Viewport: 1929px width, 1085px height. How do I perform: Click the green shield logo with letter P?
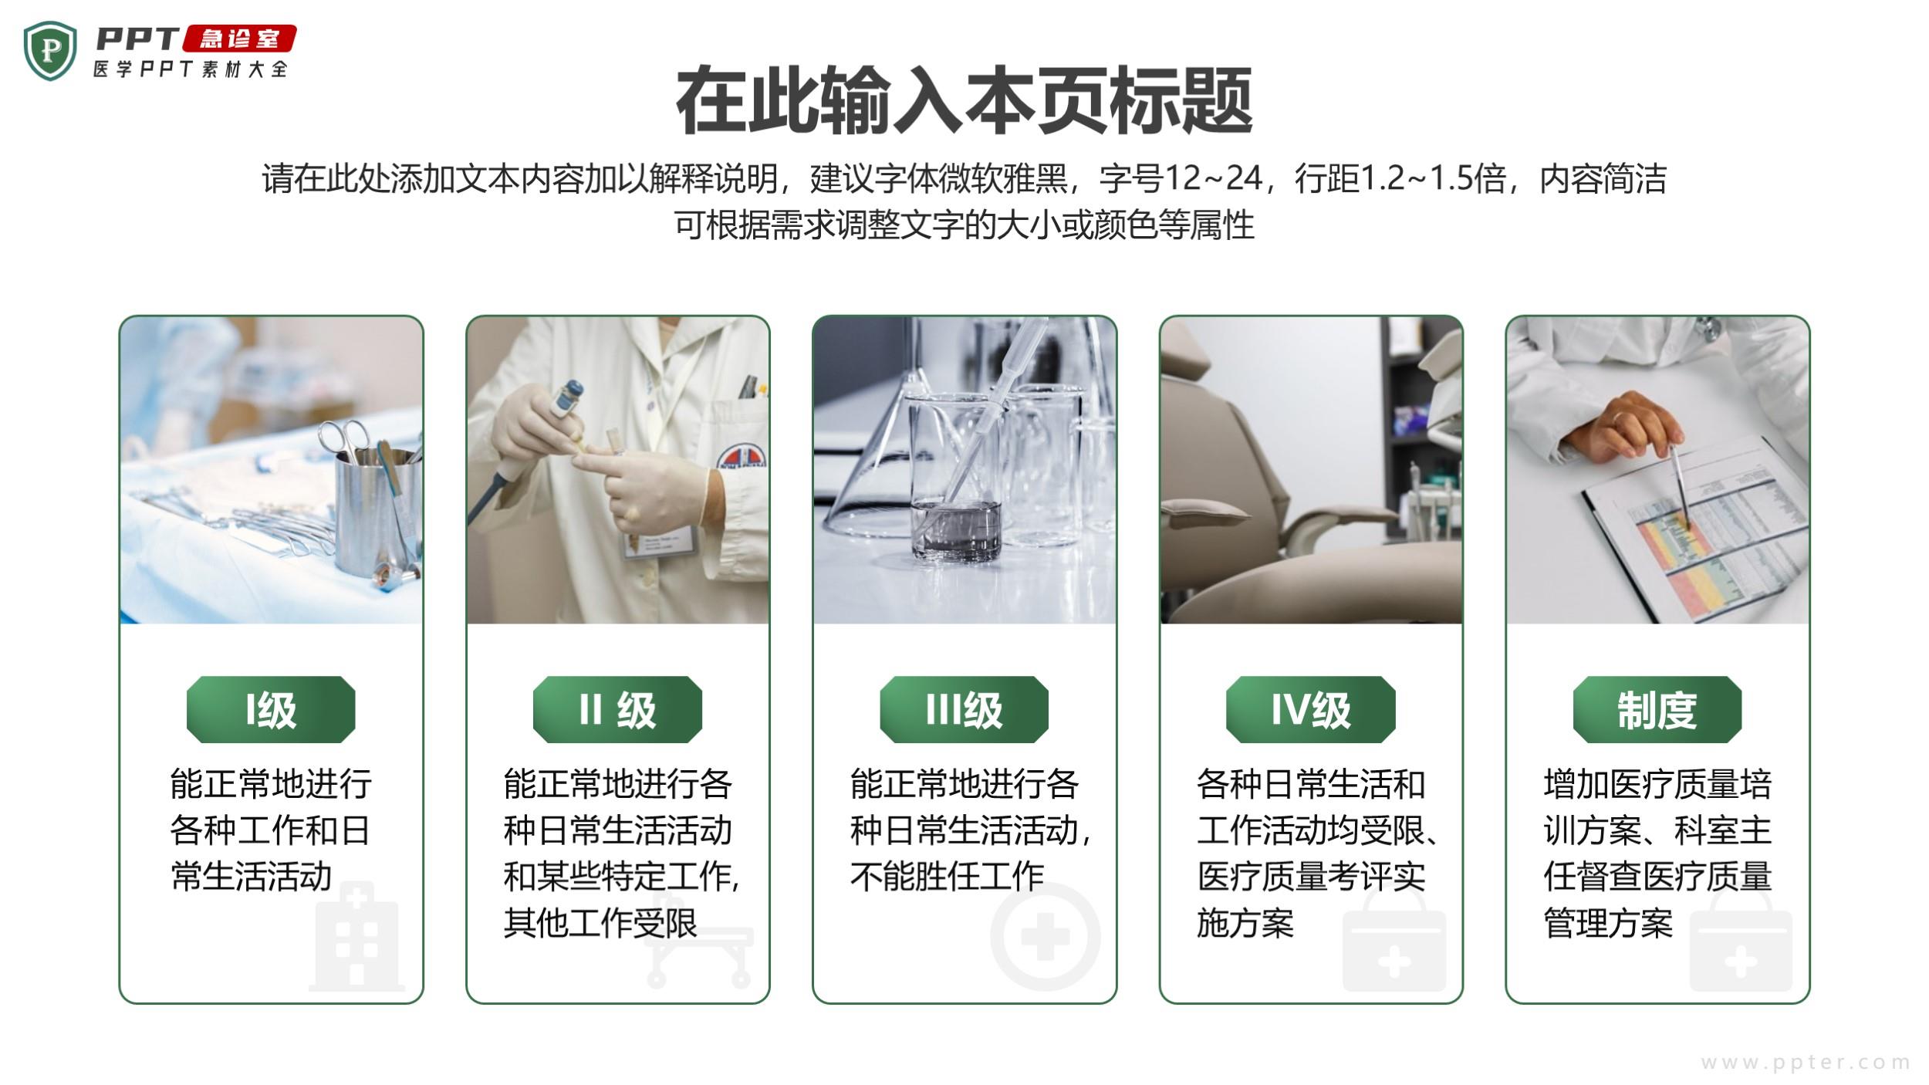click(50, 51)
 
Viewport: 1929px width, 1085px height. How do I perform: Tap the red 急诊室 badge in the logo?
click(239, 39)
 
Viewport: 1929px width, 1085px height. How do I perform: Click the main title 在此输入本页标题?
click(964, 101)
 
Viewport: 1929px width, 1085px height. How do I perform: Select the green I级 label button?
click(271, 709)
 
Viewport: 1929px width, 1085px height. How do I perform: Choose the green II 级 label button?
click(617, 709)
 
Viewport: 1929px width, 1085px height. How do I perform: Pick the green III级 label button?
click(964, 709)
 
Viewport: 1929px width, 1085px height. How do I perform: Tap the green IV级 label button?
click(1310, 709)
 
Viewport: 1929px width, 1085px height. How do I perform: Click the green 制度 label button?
click(1657, 709)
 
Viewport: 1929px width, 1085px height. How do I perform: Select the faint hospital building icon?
click(356, 937)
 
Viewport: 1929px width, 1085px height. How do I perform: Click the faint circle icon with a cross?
click(1045, 937)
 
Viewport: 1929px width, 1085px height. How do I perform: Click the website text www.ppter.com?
click(1805, 1063)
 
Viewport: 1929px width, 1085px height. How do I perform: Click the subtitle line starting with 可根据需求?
click(964, 225)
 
